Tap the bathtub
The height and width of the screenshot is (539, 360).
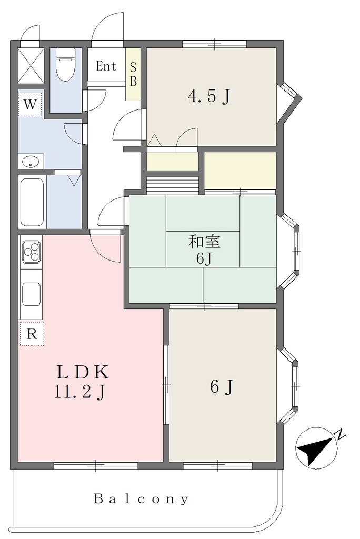(32, 202)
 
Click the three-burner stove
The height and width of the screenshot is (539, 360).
(31, 252)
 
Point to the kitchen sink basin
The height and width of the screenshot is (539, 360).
(31, 294)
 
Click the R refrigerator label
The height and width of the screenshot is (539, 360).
(32, 334)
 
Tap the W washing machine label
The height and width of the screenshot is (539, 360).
(30, 104)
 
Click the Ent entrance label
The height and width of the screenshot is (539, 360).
(106, 66)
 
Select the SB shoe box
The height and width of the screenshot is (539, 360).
(133, 74)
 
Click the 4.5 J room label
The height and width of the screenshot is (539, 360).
(209, 97)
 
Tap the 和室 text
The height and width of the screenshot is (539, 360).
(204, 242)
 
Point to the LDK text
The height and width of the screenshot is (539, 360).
(83, 372)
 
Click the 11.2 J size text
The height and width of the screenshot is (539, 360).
(79, 392)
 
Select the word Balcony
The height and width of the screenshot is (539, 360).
(142, 499)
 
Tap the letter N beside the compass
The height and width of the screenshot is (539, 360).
(340, 434)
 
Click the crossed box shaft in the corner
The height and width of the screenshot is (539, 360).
(31, 65)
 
